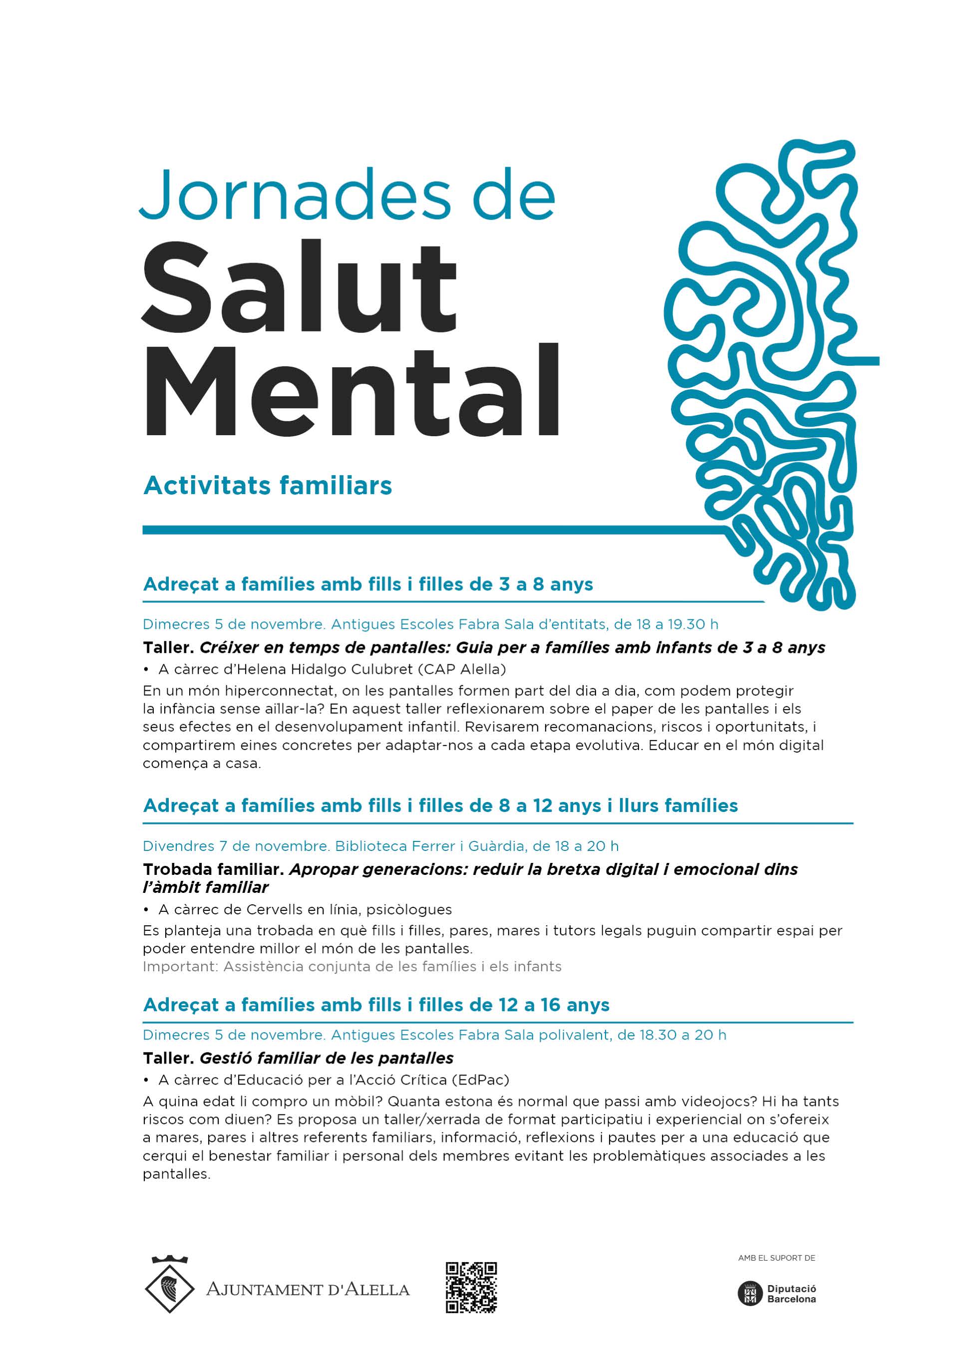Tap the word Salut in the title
pyautogui.click(x=300, y=288)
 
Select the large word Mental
pyautogui.click(x=351, y=392)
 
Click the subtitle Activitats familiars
pyautogui.click(x=267, y=486)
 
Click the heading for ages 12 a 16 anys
pyautogui.click(x=376, y=1005)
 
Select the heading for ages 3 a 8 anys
pyautogui.click(x=368, y=584)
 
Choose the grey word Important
pyautogui.click(x=179, y=967)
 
